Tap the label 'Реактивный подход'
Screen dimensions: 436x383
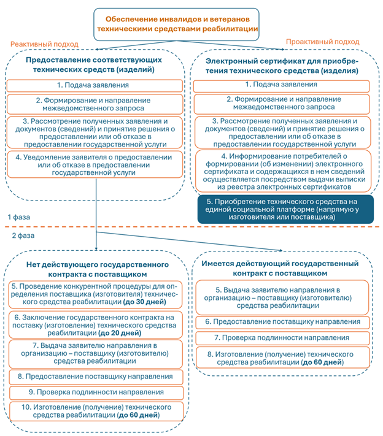(x=44, y=44)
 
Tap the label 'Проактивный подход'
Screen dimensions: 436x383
(x=322, y=42)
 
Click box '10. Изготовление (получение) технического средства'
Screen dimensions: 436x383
(x=96, y=411)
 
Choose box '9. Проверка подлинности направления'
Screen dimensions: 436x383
(x=96, y=392)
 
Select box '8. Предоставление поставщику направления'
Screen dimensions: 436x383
(x=96, y=376)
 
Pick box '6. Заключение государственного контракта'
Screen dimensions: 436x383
(x=96, y=326)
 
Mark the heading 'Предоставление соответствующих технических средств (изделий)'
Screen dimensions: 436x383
(x=94, y=65)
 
